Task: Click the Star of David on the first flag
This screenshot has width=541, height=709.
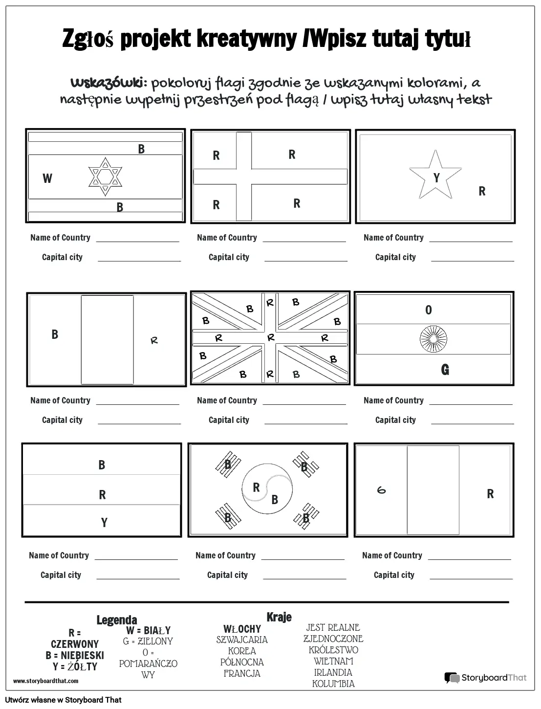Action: (105, 177)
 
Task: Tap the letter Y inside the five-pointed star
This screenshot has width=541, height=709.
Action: (436, 177)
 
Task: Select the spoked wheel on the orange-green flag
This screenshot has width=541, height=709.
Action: (433, 339)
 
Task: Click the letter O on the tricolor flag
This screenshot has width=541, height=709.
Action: (428, 310)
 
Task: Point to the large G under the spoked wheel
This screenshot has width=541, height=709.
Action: (445, 370)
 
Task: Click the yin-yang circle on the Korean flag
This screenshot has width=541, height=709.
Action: (267, 488)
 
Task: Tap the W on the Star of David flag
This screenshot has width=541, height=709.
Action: (47, 178)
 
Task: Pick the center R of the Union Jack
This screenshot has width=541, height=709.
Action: (271, 337)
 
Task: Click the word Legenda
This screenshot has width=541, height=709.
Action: (117, 620)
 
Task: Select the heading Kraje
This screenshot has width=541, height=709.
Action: (279, 617)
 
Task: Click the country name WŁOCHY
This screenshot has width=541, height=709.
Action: (242, 629)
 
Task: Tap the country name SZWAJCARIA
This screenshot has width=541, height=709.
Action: (242, 640)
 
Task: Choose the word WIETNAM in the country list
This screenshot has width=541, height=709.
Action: (333, 661)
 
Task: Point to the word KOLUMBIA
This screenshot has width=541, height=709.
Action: (333, 684)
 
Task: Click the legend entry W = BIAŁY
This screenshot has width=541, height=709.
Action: (148, 630)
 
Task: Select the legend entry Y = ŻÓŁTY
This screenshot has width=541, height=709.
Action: (75, 666)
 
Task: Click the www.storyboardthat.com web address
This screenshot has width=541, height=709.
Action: (46, 681)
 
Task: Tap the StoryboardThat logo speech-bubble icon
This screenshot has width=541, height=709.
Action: (452, 678)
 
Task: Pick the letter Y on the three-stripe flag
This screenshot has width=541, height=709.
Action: (104, 522)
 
